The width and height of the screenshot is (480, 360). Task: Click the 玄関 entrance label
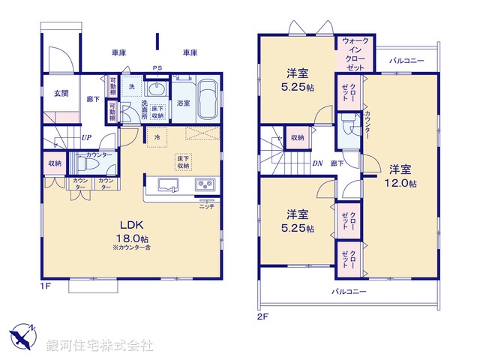pyautogui.click(x=61, y=93)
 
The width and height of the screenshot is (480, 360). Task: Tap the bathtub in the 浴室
pyautogui.click(x=206, y=101)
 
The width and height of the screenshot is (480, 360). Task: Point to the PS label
pyautogui.click(x=157, y=67)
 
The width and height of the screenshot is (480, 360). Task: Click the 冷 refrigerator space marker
pyautogui.click(x=157, y=137)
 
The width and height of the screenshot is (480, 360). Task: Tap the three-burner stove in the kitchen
pyautogui.click(x=205, y=185)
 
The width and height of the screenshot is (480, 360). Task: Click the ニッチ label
pyautogui.click(x=207, y=206)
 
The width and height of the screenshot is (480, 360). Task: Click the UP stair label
pyautogui.click(x=87, y=138)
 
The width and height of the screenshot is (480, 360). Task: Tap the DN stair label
pyautogui.click(x=317, y=163)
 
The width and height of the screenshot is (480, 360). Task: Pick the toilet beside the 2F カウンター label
pyautogui.click(x=347, y=123)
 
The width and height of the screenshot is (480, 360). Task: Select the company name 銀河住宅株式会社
pyautogui.click(x=100, y=345)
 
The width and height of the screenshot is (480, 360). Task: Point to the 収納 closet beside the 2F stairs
pyautogui.click(x=298, y=138)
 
